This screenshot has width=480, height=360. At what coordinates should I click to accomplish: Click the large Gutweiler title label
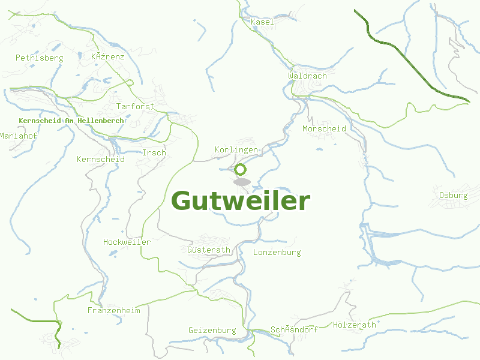tap(241, 201)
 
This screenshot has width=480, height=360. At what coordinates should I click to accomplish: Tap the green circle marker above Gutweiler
tap(241, 169)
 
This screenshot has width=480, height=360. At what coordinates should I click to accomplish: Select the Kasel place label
tap(262, 22)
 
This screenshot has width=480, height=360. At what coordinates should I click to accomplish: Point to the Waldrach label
tap(307, 76)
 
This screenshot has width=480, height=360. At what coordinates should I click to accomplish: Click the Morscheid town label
tap(324, 128)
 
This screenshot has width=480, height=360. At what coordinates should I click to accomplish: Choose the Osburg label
tap(453, 195)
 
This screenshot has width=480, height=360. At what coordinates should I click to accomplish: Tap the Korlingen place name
tap(236, 149)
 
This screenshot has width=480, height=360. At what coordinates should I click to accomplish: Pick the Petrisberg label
tap(39, 58)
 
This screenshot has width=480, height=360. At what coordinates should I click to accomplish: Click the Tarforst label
tap(135, 106)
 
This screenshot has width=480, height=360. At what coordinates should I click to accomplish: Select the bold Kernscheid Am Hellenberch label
tap(71, 121)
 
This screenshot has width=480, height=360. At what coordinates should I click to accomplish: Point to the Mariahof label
tap(19, 136)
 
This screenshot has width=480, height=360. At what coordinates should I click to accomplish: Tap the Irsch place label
tap(154, 152)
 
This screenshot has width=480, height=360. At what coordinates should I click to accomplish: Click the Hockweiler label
tap(127, 242)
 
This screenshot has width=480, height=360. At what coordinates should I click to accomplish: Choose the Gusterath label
tap(209, 250)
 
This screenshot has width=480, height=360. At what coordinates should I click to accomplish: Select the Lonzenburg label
tap(277, 252)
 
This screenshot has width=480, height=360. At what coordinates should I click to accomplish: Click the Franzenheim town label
tap(113, 310)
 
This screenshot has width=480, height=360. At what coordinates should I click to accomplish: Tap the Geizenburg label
tap(212, 330)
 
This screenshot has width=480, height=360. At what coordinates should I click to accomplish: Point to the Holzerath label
tap(354, 325)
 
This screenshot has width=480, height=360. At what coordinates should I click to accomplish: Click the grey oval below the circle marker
tap(242, 182)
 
